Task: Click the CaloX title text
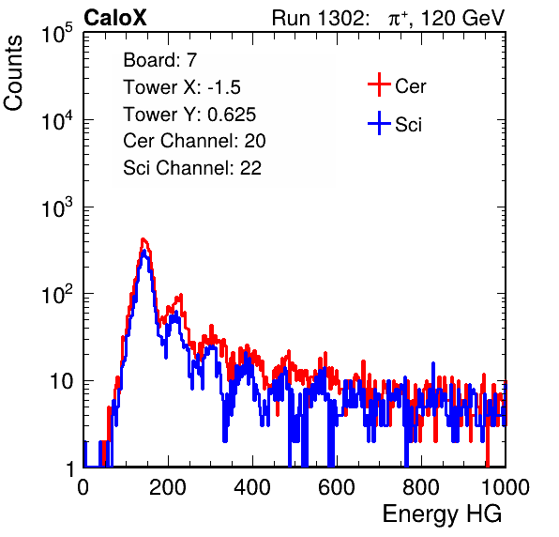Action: click(x=114, y=18)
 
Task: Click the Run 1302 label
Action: click(x=320, y=18)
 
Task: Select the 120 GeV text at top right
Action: click(x=462, y=18)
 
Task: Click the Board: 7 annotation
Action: click(x=159, y=60)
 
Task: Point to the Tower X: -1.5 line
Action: click(x=182, y=87)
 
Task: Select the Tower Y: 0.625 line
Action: click(x=189, y=115)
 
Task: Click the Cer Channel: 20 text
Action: click(x=194, y=141)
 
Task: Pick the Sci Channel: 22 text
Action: click(x=192, y=168)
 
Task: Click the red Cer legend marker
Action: click(x=379, y=84)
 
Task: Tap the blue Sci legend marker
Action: click(x=379, y=124)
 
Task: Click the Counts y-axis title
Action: click(x=13, y=73)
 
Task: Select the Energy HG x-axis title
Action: click(x=442, y=514)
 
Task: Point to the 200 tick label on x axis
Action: click(x=168, y=486)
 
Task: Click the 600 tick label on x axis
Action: click(x=337, y=486)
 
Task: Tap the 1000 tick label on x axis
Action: click(x=506, y=486)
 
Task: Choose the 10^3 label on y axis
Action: click(x=57, y=207)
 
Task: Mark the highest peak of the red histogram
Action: click(x=143, y=239)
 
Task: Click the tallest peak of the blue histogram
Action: click(x=144, y=251)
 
